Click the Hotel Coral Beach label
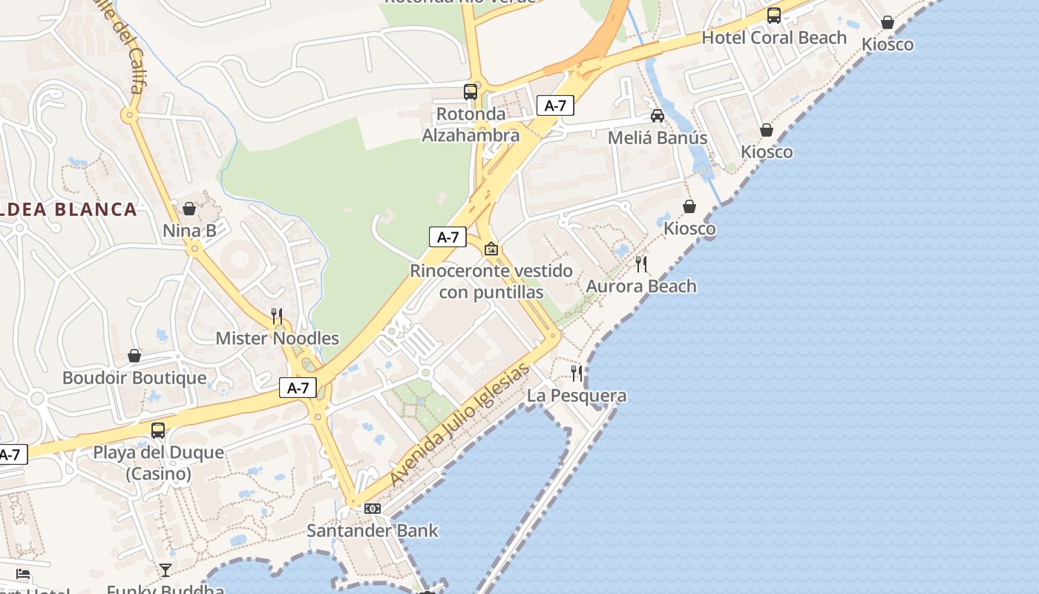(773, 38)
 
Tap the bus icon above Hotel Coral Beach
(773, 15)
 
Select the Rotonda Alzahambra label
(471, 125)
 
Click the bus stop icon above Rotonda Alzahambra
(471, 92)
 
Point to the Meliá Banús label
(657, 138)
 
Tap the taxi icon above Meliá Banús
(657, 116)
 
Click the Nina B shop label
(189, 231)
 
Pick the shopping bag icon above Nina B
(189, 209)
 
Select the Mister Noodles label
(277, 339)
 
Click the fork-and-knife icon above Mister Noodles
(277, 316)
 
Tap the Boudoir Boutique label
(134, 378)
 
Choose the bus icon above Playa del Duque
(157, 431)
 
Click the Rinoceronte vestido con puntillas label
(491, 281)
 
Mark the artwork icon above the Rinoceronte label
(491, 249)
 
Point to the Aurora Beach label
(641, 287)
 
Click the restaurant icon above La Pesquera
(577, 373)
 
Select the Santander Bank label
(373, 531)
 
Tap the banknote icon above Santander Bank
(373, 509)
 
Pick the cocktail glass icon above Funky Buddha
(165, 570)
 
